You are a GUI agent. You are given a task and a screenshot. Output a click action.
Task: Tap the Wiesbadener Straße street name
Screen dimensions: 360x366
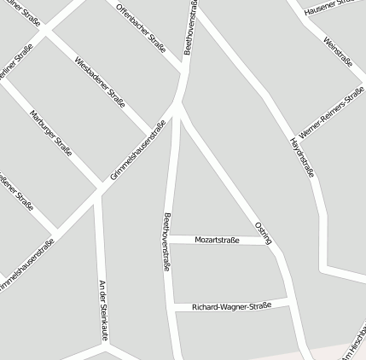pos(100,82)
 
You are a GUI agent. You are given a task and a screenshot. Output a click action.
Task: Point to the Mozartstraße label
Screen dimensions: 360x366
pos(218,241)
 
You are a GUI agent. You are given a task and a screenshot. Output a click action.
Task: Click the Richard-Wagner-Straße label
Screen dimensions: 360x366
pos(231,305)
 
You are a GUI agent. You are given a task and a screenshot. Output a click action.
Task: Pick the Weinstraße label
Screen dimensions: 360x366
pos(339,50)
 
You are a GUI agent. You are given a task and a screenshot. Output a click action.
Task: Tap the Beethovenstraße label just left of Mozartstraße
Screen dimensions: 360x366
pos(167,241)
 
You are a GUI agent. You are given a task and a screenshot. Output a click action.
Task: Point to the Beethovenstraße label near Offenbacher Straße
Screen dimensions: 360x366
pos(192,27)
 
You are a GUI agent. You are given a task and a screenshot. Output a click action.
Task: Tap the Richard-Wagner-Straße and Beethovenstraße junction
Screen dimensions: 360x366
pos(173,307)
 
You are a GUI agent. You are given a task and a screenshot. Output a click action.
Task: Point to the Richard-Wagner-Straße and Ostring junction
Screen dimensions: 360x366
pos(288,301)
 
